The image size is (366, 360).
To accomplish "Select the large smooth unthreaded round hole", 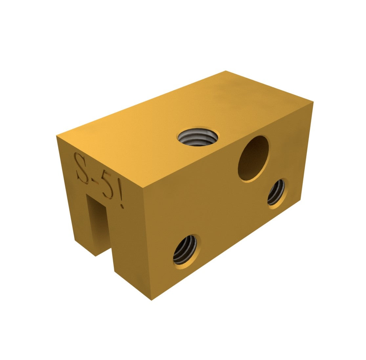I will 253,158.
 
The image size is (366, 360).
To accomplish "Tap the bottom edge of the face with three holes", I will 226,250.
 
